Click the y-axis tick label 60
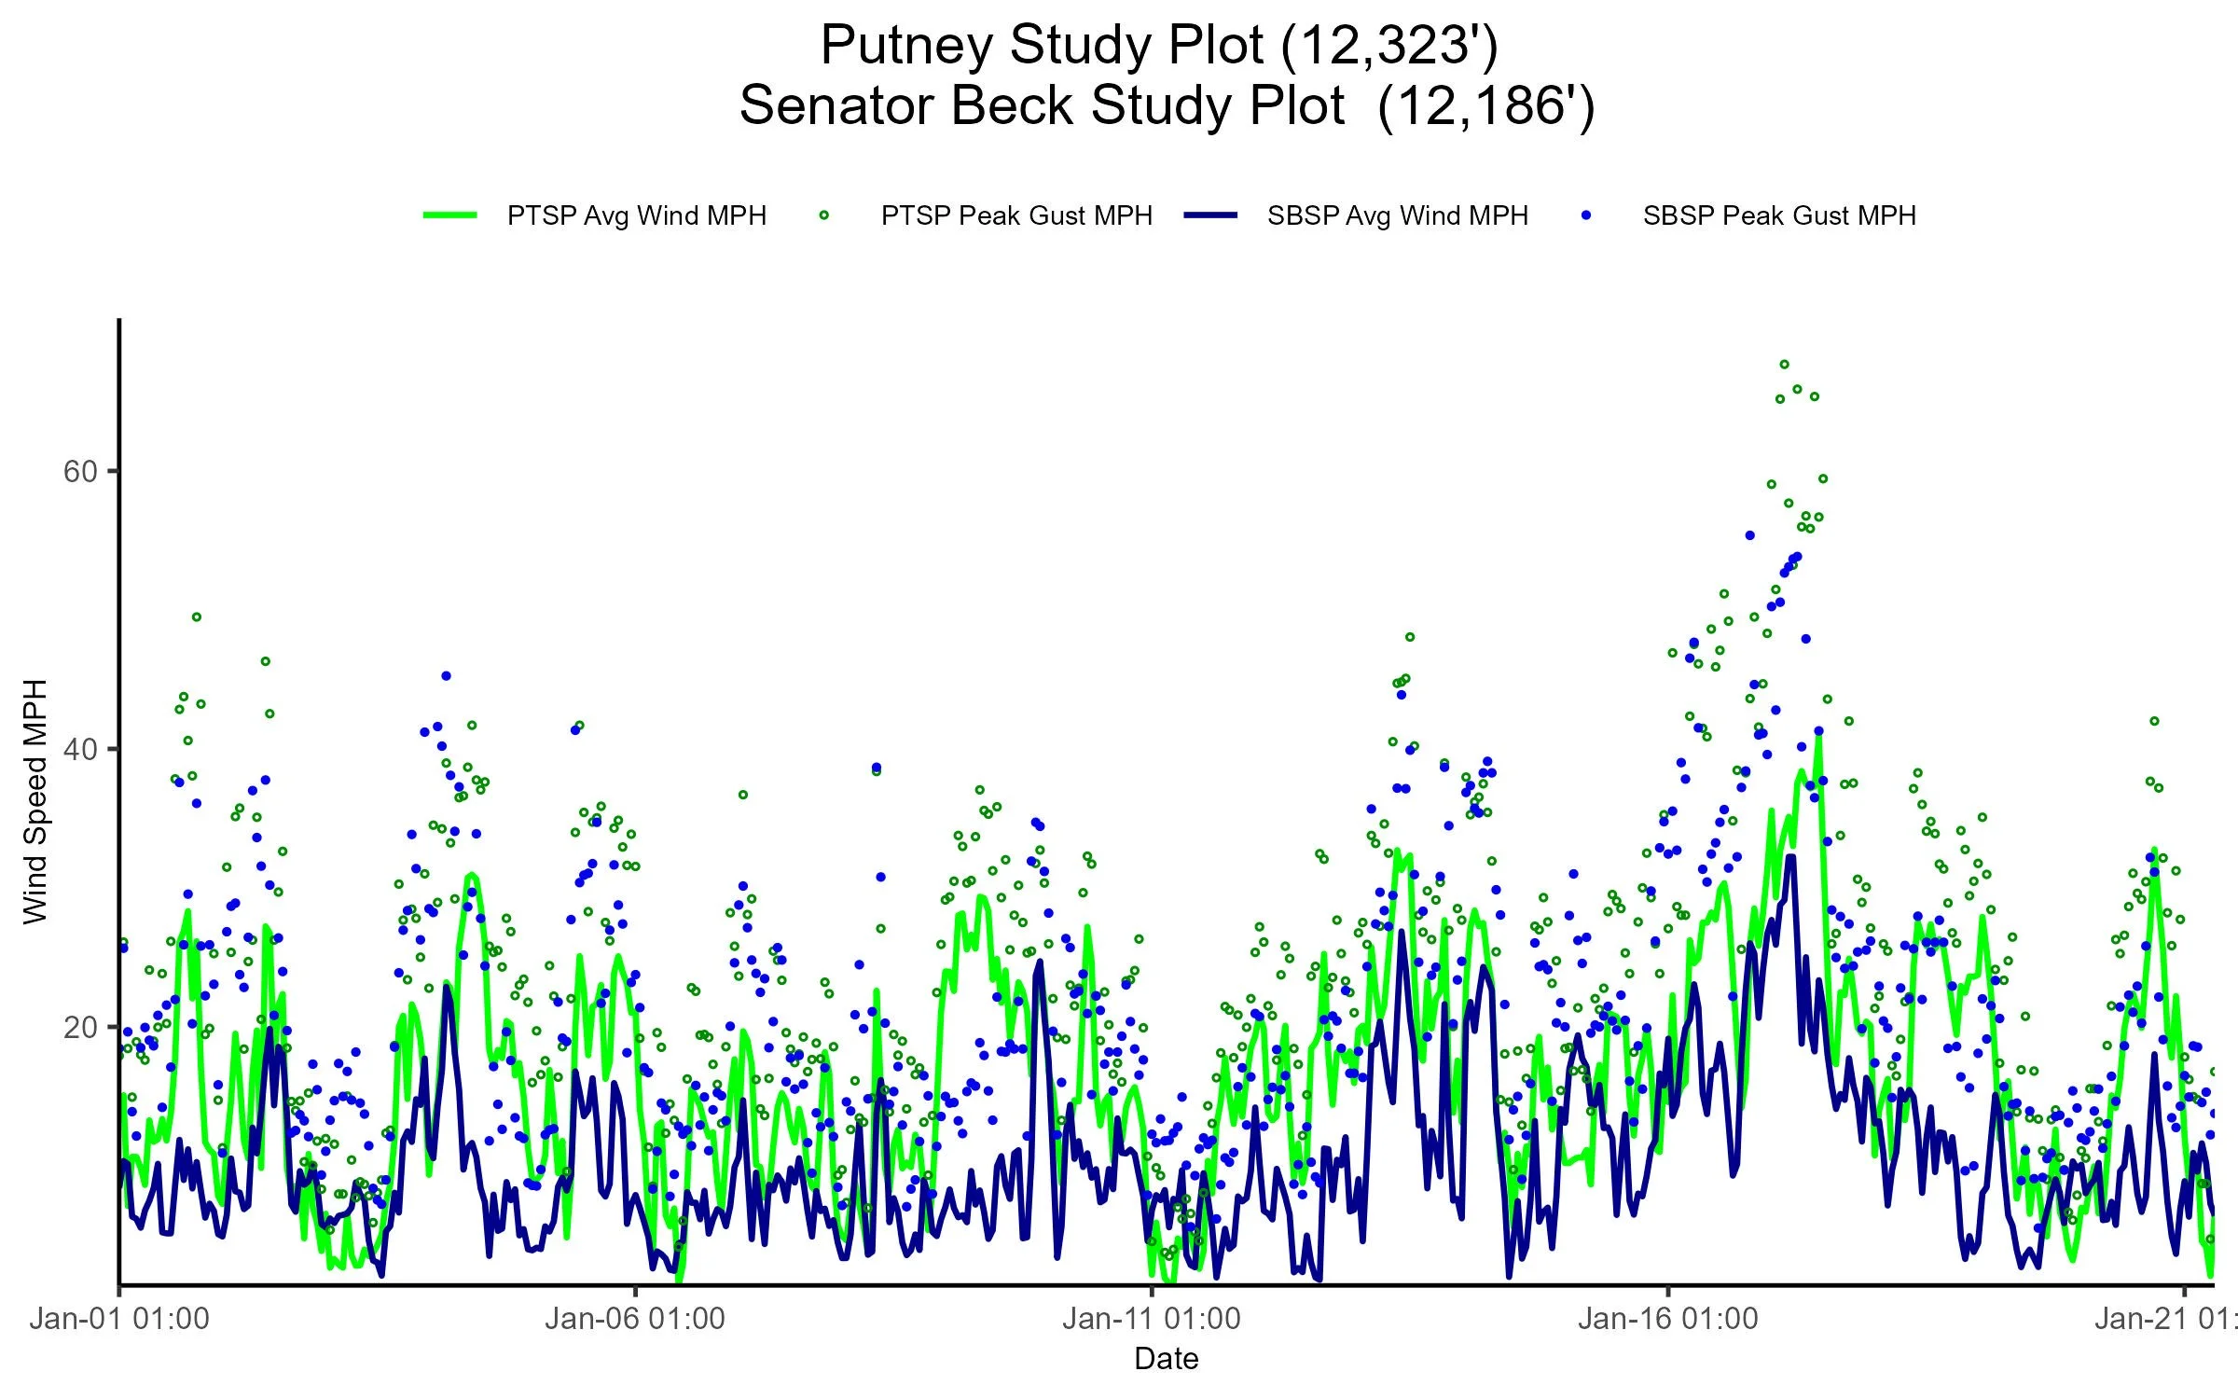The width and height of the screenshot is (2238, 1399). [80, 472]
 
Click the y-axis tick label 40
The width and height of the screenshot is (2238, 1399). [80, 750]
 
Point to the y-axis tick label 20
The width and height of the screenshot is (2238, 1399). [80, 1028]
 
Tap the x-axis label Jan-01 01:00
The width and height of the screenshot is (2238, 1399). [119, 1319]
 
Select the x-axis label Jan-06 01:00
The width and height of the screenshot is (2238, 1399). [635, 1319]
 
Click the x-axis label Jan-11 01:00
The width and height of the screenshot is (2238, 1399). [1152, 1319]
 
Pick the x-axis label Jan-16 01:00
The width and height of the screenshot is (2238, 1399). [1668, 1319]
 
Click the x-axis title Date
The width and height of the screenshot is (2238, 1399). [1166, 1359]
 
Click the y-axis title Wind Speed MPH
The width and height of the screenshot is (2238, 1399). [35, 802]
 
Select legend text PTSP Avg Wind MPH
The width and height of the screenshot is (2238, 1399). [636, 216]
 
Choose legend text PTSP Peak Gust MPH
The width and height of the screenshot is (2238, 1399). [1016, 216]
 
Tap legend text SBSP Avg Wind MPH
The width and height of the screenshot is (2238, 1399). [1397, 216]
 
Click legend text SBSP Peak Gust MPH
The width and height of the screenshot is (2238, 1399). [1779, 216]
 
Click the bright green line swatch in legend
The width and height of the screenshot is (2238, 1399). [450, 215]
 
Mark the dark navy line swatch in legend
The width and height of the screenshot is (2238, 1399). [1210, 215]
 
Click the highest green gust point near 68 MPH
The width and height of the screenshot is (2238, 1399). [1784, 365]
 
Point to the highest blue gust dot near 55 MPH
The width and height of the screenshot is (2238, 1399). [1749, 535]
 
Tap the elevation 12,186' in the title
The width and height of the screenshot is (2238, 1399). [1485, 105]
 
